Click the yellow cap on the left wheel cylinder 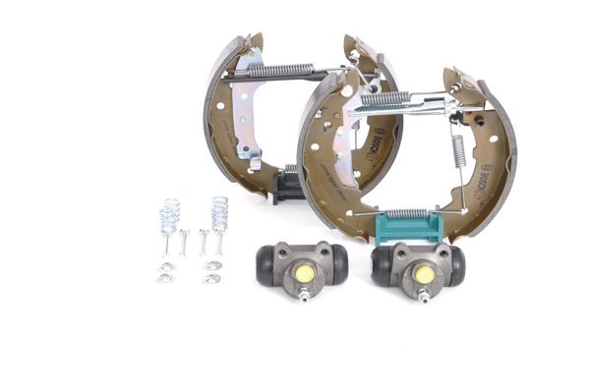click(x=303, y=274)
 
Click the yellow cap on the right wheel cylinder click(x=423, y=274)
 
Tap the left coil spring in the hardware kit click(x=170, y=213)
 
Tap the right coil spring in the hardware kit click(x=219, y=211)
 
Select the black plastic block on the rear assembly click(x=288, y=186)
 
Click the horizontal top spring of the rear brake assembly click(x=281, y=70)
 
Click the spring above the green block click(x=405, y=213)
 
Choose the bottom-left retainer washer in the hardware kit click(x=163, y=278)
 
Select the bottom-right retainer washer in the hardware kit click(x=211, y=278)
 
